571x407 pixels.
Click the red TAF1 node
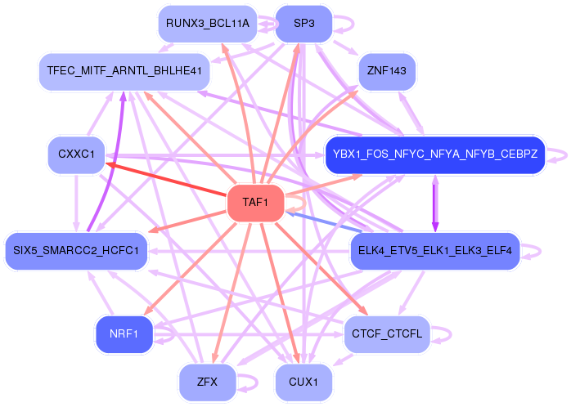255,203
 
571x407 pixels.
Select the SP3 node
303,23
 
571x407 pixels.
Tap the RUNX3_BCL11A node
207,23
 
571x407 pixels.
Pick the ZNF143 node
387,71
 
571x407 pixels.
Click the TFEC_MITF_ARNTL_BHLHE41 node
124,71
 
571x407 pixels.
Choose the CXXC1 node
76,153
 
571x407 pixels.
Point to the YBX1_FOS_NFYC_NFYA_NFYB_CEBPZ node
434,154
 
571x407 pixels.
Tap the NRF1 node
124,333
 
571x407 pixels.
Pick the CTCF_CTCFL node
386,333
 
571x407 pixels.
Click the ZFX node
206,382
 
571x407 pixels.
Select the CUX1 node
303,382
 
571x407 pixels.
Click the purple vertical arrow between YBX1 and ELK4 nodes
434,202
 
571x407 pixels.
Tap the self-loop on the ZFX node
247,381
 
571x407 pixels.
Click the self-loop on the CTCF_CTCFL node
443,333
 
